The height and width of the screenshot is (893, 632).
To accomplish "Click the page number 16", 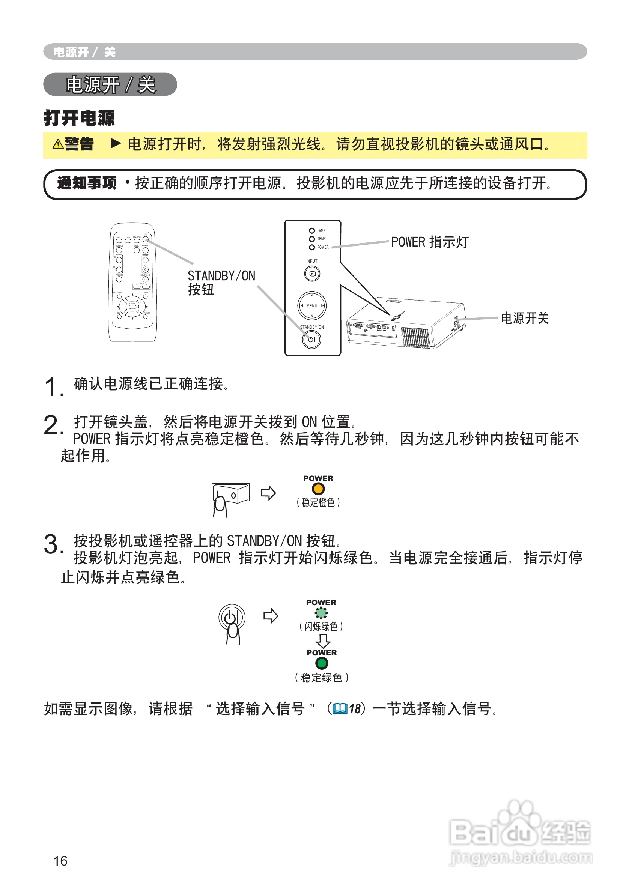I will pyautogui.click(x=60, y=860).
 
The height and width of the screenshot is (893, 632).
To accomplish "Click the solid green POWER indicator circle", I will pyautogui.click(x=322, y=663).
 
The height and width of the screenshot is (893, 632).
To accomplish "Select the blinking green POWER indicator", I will pyautogui.click(x=321, y=613).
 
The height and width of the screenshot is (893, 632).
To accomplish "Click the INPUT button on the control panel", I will pyautogui.click(x=312, y=274).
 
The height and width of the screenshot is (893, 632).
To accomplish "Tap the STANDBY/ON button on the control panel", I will pyautogui.click(x=311, y=339).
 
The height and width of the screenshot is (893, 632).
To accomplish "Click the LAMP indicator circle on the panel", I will pyautogui.click(x=312, y=231).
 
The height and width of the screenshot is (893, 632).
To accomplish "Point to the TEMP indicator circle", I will pyautogui.click(x=312, y=239).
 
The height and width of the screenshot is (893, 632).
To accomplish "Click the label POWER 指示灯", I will pyautogui.click(x=430, y=242).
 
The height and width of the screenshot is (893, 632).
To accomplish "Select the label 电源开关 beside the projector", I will pyautogui.click(x=524, y=318).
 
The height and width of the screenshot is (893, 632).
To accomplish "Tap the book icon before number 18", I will pyautogui.click(x=340, y=708).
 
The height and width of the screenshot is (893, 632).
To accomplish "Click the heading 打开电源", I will pyautogui.click(x=80, y=117).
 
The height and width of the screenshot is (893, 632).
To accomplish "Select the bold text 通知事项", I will pyautogui.click(x=87, y=182).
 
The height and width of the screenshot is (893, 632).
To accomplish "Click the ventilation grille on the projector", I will pyautogui.click(x=415, y=337).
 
